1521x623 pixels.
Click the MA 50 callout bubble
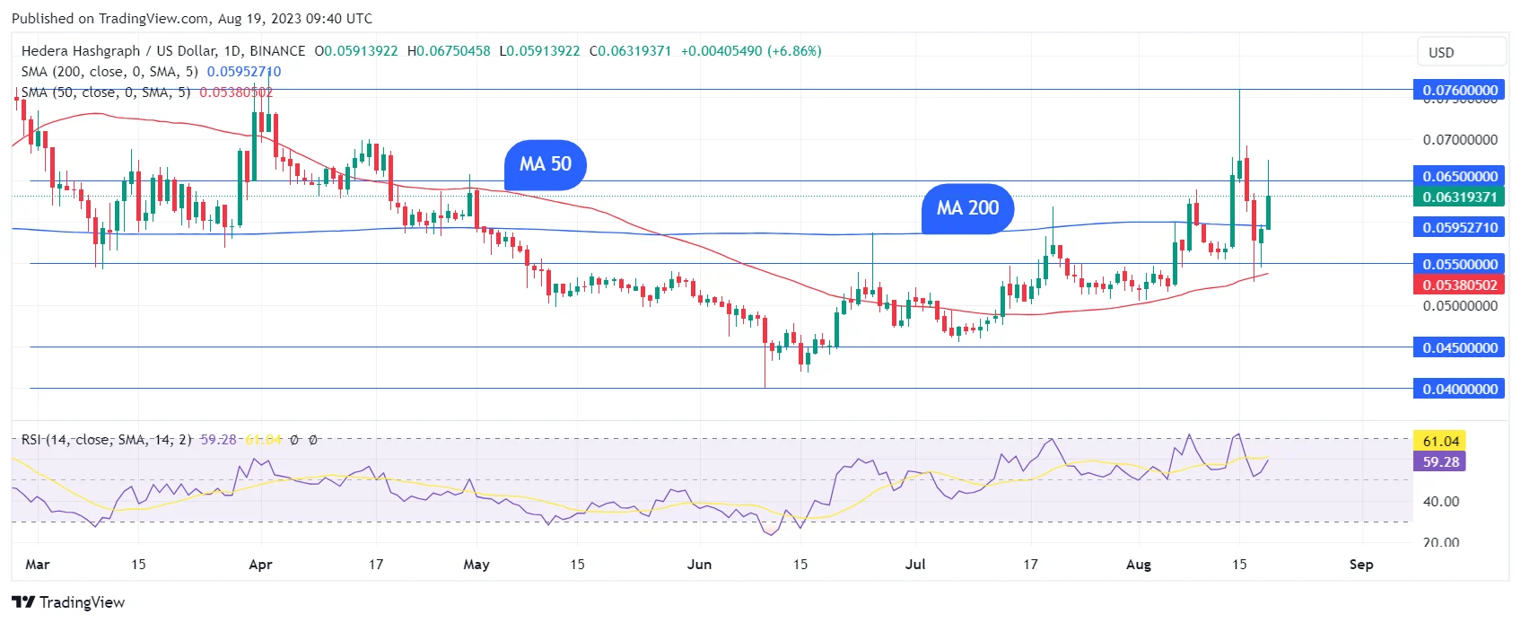coord(545,164)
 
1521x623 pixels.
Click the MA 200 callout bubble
coord(967,208)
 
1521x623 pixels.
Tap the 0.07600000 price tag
coord(1459,90)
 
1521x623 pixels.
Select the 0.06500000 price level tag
coord(1459,176)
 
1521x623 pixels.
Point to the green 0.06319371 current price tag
coord(1459,197)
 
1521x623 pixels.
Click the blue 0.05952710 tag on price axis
coord(1459,227)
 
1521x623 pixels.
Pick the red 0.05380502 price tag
coord(1459,285)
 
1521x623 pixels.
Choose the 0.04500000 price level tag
coord(1459,347)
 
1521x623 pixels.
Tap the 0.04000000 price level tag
coord(1459,389)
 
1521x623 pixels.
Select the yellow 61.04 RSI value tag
coord(1440,441)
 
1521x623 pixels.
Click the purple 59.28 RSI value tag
coord(1440,461)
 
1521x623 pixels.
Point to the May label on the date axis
coord(476,565)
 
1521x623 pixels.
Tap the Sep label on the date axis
coord(1361,565)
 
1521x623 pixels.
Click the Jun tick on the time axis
coord(699,565)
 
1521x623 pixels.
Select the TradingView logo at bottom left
coord(68,602)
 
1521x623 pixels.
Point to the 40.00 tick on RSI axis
coord(1440,502)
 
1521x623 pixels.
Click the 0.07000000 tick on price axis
coord(1459,140)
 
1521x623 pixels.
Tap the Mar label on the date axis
coord(38,565)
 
